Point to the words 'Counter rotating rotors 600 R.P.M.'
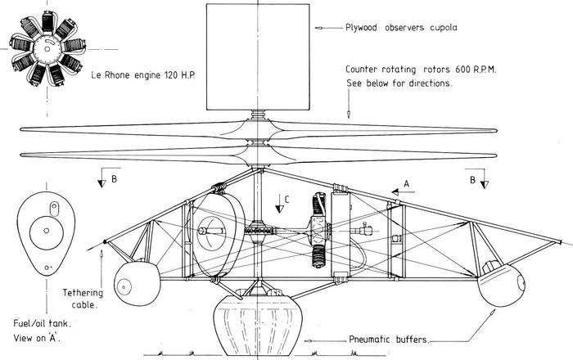pyautogui.click(x=422, y=70)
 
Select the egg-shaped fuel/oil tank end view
pyautogui.click(x=42, y=232)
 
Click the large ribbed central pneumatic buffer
pyautogui.click(x=254, y=322)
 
